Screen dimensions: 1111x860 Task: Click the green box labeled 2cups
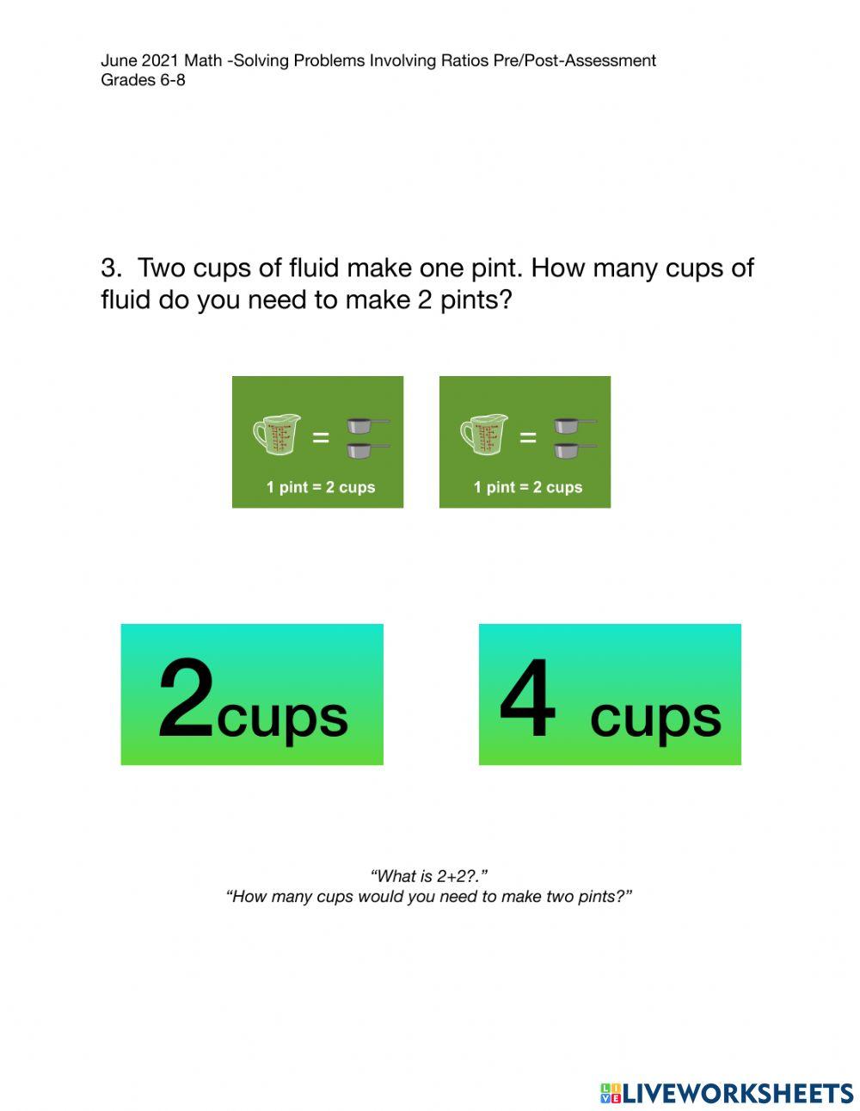(x=251, y=694)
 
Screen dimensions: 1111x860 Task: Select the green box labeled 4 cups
(x=609, y=694)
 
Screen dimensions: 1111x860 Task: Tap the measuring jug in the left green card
(x=277, y=435)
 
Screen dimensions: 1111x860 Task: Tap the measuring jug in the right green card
(x=484, y=435)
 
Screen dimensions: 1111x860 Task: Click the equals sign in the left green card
(x=320, y=438)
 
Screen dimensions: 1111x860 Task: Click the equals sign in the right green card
(x=527, y=438)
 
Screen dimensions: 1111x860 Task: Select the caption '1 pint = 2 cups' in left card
(x=320, y=487)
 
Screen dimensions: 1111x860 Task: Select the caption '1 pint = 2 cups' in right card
(x=527, y=487)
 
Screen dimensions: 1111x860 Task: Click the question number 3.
(x=111, y=268)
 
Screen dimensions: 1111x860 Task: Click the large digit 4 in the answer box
(x=527, y=699)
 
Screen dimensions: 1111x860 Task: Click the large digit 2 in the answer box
(x=186, y=699)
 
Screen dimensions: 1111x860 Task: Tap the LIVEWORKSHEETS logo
(x=726, y=1093)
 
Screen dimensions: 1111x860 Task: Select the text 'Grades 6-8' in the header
(x=143, y=80)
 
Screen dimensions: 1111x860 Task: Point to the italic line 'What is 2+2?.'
(x=429, y=876)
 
